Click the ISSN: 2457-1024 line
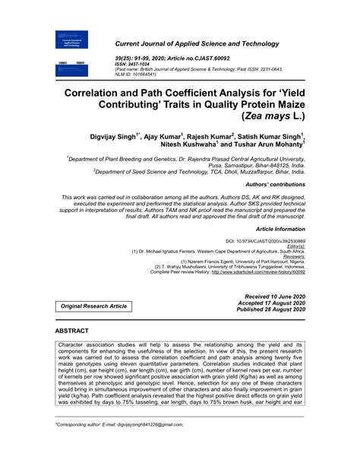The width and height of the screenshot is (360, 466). point(130,64)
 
